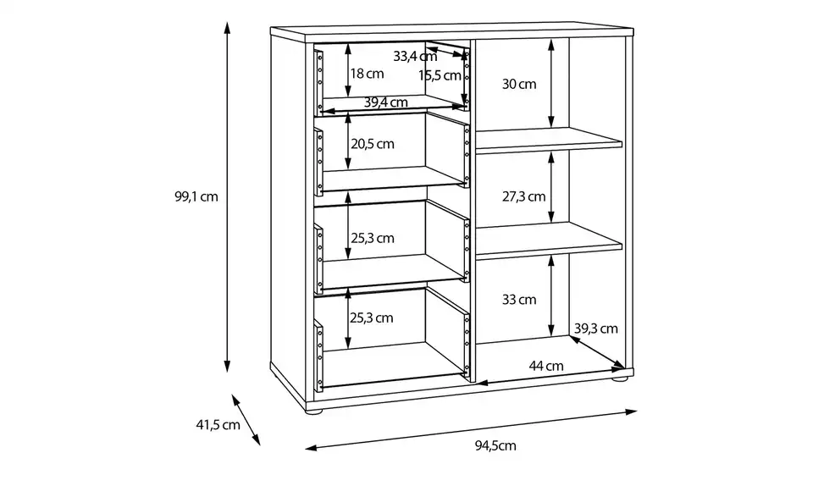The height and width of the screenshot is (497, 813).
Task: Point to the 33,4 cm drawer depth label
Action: (415, 57)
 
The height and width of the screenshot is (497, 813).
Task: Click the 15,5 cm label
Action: (440, 75)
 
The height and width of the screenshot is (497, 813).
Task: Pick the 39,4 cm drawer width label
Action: (386, 102)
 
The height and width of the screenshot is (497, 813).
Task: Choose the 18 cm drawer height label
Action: (367, 74)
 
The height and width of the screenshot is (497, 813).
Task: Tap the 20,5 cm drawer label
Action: (373, 144)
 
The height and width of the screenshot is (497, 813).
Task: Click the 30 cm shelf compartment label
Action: (519, 84)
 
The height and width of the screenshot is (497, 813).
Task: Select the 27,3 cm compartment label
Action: (523, 196)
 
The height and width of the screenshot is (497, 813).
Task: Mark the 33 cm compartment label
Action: (519, 299)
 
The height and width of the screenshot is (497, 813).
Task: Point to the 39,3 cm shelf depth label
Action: (596, 329)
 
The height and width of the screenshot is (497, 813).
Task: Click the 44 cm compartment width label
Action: (546, 367)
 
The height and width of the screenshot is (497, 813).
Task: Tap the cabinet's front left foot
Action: (315, 415)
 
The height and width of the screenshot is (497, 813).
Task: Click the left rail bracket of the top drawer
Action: (319, 80)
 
